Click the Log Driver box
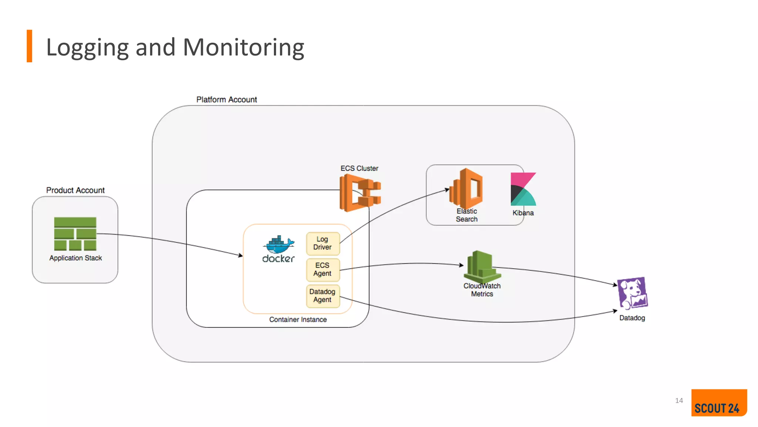(x=323, y=244)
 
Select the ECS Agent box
(x=323, y=269)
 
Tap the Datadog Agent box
(x=323, y=296)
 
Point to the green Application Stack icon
(x=75, y=234)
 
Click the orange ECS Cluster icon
(x=359, y=193)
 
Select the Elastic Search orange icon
(x=466, y=188)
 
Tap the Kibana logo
(x=523, y=189)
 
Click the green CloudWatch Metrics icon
(x=482, y=267)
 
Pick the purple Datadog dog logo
(x=633, y=294)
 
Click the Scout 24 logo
(x=718, y=403)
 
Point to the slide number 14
(x=679, y=401)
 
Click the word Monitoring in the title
(x=243, y=47)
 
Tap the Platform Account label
(x=227, y=100)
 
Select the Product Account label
(x=75, y=190)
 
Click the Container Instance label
(x=298, y=320)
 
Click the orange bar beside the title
(x=30, y=46)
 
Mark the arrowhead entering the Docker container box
(x=241, y=255)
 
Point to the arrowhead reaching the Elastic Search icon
(x=447, y=189)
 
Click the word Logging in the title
(x=88, y=47)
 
